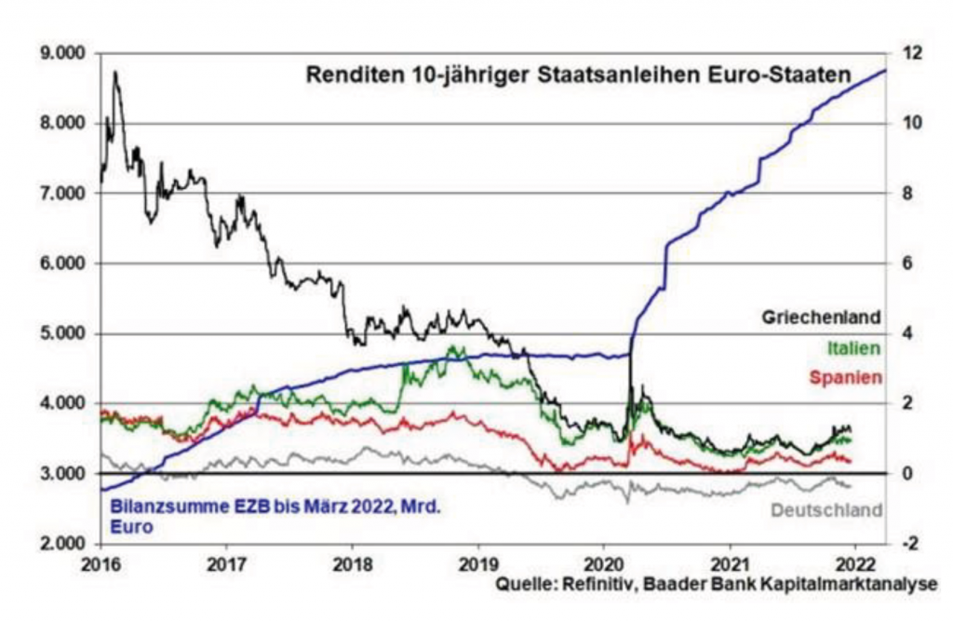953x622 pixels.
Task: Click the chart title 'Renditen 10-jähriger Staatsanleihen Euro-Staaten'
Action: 579,75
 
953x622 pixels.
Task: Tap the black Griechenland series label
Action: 821,318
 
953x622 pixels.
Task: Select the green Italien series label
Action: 852,347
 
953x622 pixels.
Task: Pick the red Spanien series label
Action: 844,377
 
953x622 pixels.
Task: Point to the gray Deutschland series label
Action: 826,510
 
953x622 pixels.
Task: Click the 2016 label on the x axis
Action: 101,565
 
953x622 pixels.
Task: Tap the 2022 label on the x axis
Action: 856,565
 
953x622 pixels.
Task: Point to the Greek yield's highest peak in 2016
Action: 114,72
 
